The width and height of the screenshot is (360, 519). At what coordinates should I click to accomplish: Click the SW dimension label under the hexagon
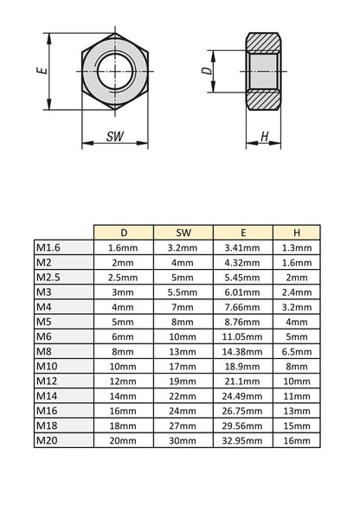[114, 137]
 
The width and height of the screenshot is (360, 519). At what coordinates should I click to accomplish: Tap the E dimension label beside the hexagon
[42, 71]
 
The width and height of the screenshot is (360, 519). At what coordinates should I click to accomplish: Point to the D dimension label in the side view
[207, 71]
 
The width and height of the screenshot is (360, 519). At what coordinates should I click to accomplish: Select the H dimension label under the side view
[265, 136]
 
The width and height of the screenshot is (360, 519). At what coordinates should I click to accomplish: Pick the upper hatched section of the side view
[263, 42]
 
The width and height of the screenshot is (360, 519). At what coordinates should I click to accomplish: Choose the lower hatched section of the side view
[263, 100]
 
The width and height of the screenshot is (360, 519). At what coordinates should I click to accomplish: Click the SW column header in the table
[183, 233]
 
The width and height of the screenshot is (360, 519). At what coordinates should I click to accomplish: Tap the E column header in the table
[243, 233]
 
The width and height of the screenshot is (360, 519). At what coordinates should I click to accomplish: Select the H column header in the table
[297, 233]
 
